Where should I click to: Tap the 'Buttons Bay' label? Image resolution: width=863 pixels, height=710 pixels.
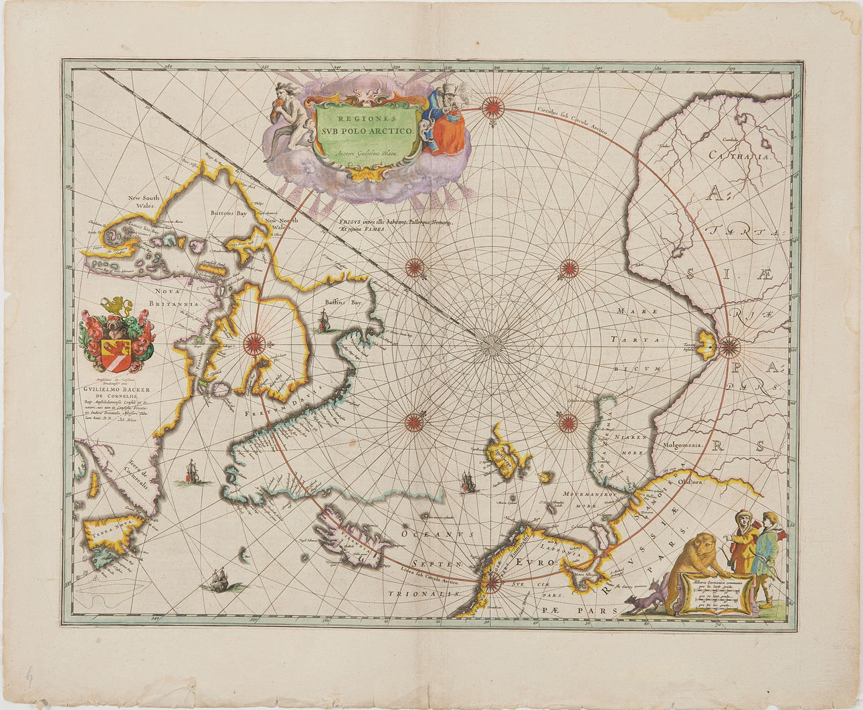click(229, 213)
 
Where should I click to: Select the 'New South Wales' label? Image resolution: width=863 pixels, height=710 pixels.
click(143, 202)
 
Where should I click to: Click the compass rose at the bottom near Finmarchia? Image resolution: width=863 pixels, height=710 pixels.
click(493, 582)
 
